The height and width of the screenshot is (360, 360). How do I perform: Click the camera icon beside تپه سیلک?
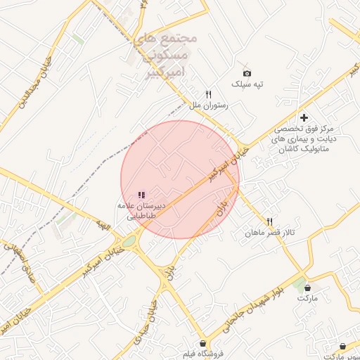click(247, 73)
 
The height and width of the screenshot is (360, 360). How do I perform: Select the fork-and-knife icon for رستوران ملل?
click(208, 94)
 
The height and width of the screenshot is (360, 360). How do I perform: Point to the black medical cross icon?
click(304, 117)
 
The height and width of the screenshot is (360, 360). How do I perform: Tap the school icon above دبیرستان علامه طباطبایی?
click(141, 195)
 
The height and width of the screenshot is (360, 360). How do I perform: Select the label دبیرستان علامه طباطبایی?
click(146, 212)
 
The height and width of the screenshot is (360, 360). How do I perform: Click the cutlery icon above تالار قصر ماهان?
click(269, 221)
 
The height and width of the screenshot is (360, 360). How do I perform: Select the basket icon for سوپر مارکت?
click(342, 347)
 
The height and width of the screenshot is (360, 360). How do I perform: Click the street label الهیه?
click(104, 226)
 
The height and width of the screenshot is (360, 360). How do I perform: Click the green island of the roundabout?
click(129, 242)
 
